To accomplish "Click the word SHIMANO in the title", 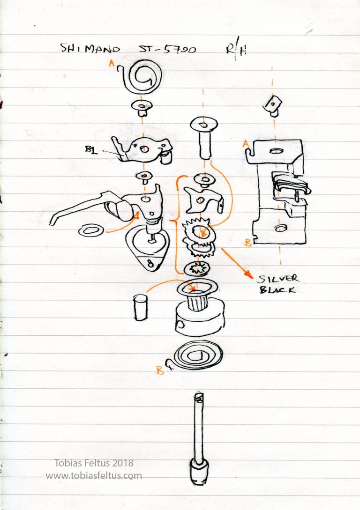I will click(90, 49).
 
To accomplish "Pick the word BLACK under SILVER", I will click(277, 290).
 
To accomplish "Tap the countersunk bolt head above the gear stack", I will click(204, 125).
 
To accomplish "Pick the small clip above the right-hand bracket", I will click(272, 105).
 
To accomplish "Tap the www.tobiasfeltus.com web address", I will click(94, 475).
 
